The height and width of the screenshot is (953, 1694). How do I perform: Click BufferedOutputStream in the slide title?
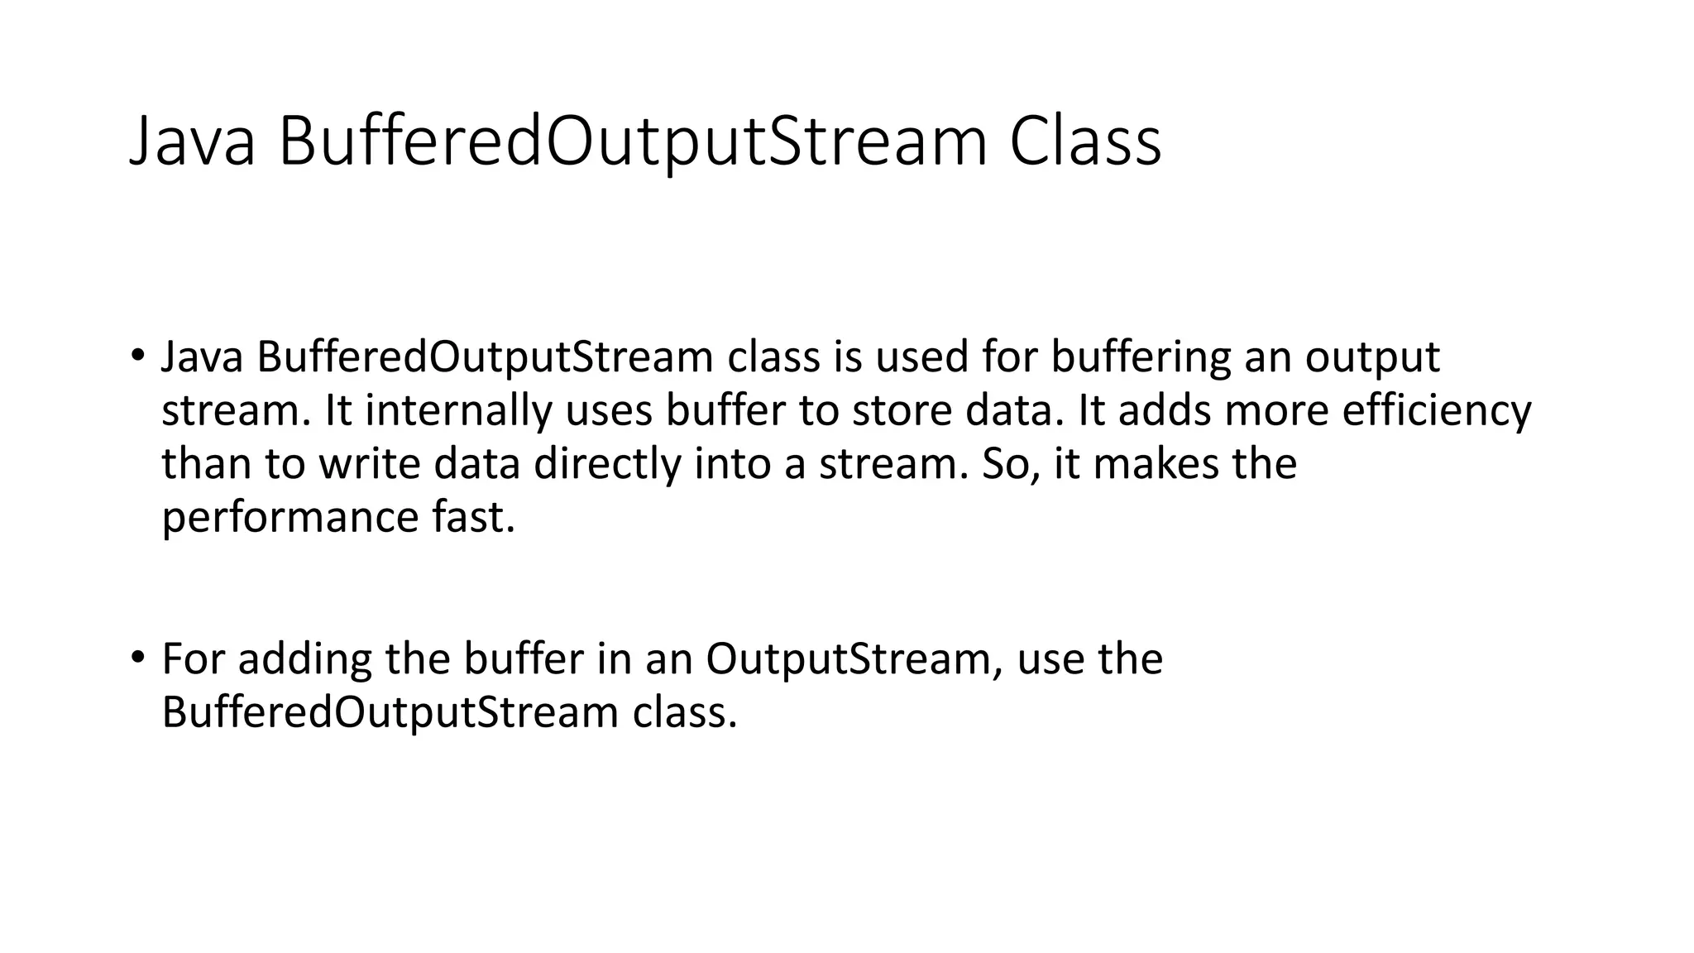[633, 141]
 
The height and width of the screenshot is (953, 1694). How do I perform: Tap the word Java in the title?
[192, 141]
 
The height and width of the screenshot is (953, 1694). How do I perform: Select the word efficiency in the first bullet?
[1436, 410]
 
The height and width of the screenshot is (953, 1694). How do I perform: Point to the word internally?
[457, 410]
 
